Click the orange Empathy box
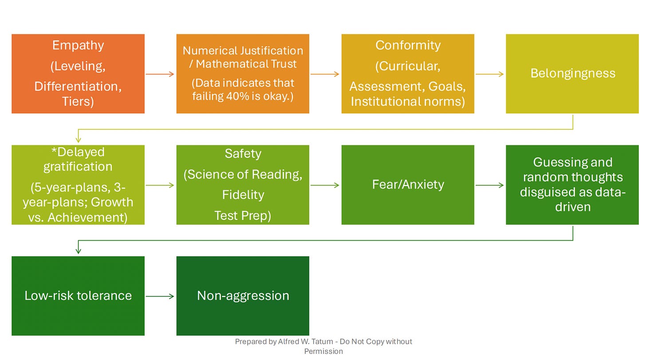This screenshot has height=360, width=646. [x=78, y=74]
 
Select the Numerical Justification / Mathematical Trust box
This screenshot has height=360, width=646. [x=243, y=74]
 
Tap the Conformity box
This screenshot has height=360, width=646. [x=408, y=74]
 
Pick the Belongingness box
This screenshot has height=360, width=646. [x=572, y=74]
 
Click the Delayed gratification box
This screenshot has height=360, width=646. [x=78, y=185]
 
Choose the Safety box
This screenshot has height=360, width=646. [x=243, y=185]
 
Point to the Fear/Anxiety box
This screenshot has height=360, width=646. [x=408, y=185]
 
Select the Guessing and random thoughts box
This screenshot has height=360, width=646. [x=572, y=185]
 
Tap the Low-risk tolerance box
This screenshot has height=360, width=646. [x=78, y=296]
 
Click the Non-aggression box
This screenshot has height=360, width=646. [x=243, y=296]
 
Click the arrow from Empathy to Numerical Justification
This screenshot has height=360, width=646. [x=160, y=74]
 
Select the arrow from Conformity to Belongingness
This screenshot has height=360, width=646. [x=490, y=74]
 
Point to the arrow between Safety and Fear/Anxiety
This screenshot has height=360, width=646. [x=325, y=185]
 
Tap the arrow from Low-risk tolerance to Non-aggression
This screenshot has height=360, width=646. [x=160, y=296]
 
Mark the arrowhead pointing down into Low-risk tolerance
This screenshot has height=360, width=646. [x=79, y=251]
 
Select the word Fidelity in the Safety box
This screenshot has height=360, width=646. [x=243, y=195]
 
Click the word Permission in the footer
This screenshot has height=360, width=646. [x=323, y=351]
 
